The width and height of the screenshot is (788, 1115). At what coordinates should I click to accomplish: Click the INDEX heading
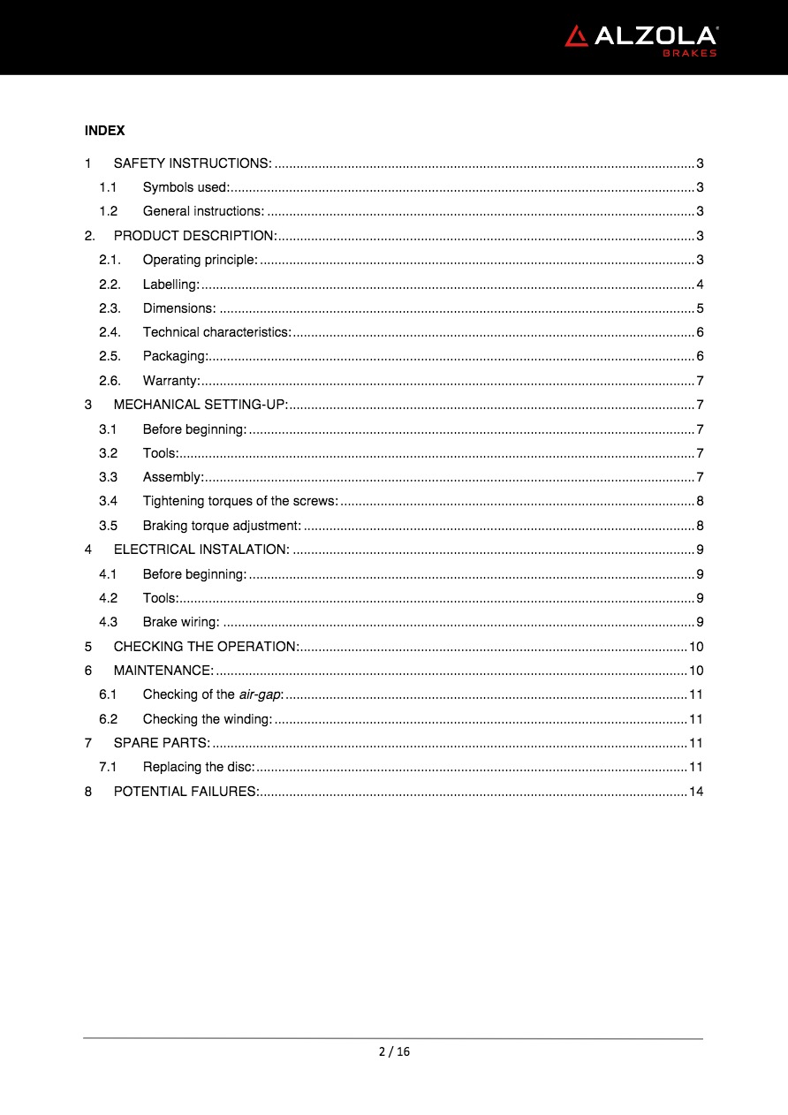(x=104, y=131)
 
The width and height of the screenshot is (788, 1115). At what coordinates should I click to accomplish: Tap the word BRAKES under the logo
(x=690, y=53)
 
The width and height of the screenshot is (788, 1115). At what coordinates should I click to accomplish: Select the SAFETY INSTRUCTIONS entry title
(x=193, y=163)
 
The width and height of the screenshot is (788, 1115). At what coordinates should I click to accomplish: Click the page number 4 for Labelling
(x=700, y=284)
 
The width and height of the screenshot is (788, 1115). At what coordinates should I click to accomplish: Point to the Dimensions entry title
(x=179, y=308)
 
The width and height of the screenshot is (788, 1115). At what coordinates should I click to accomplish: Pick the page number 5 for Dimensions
(x=700, y=308)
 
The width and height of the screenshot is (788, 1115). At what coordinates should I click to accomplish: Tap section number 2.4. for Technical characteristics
(x=110, y=332)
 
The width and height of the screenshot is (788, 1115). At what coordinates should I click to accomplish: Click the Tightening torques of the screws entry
(x=240, y=501)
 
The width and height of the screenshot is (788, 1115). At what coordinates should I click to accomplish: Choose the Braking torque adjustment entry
(x=222, y=526)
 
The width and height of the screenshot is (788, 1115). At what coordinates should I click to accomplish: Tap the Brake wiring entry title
(x=181, y=622)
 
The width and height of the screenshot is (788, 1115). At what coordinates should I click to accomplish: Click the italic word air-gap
(x=261, y=694)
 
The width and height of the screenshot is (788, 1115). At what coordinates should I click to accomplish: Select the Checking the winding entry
(x=208, y=718)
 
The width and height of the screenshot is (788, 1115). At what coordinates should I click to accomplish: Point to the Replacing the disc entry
(x=199, y=767)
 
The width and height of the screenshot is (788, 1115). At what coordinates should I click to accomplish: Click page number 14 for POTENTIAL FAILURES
(x=696, y=791)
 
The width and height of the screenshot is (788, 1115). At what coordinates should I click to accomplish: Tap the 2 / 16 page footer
(x=394, y=1051)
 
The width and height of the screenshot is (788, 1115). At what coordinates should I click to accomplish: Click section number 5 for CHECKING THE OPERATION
(x=88, y=646)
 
